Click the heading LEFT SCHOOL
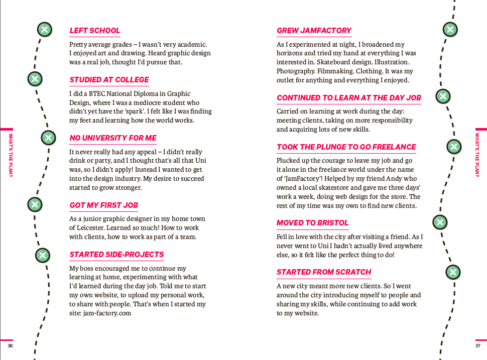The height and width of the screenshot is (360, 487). [95, 31]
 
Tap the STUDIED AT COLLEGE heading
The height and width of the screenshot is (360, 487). [109, 80]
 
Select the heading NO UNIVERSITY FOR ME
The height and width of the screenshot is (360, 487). [113, 138]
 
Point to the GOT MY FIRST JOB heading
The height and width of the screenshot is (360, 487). [103, 205]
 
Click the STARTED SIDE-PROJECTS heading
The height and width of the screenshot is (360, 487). [116, 255]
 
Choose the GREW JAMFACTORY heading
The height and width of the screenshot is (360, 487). [314, 31]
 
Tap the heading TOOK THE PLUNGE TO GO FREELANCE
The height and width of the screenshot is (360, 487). [346, 147]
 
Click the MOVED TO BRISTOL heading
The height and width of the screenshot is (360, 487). [312, 223]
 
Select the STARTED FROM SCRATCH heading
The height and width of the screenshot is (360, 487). [324, 272]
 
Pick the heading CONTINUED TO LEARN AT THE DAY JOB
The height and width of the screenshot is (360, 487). [349, 98]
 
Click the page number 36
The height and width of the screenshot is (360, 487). [10, 346]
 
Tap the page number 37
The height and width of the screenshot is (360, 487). [477, 346]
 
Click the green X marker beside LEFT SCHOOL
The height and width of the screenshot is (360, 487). [45, 30]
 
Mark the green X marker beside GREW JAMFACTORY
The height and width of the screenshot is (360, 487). [450, 30]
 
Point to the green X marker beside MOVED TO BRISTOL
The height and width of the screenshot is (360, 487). [440, 221]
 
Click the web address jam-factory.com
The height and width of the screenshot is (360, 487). [107, 313]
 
